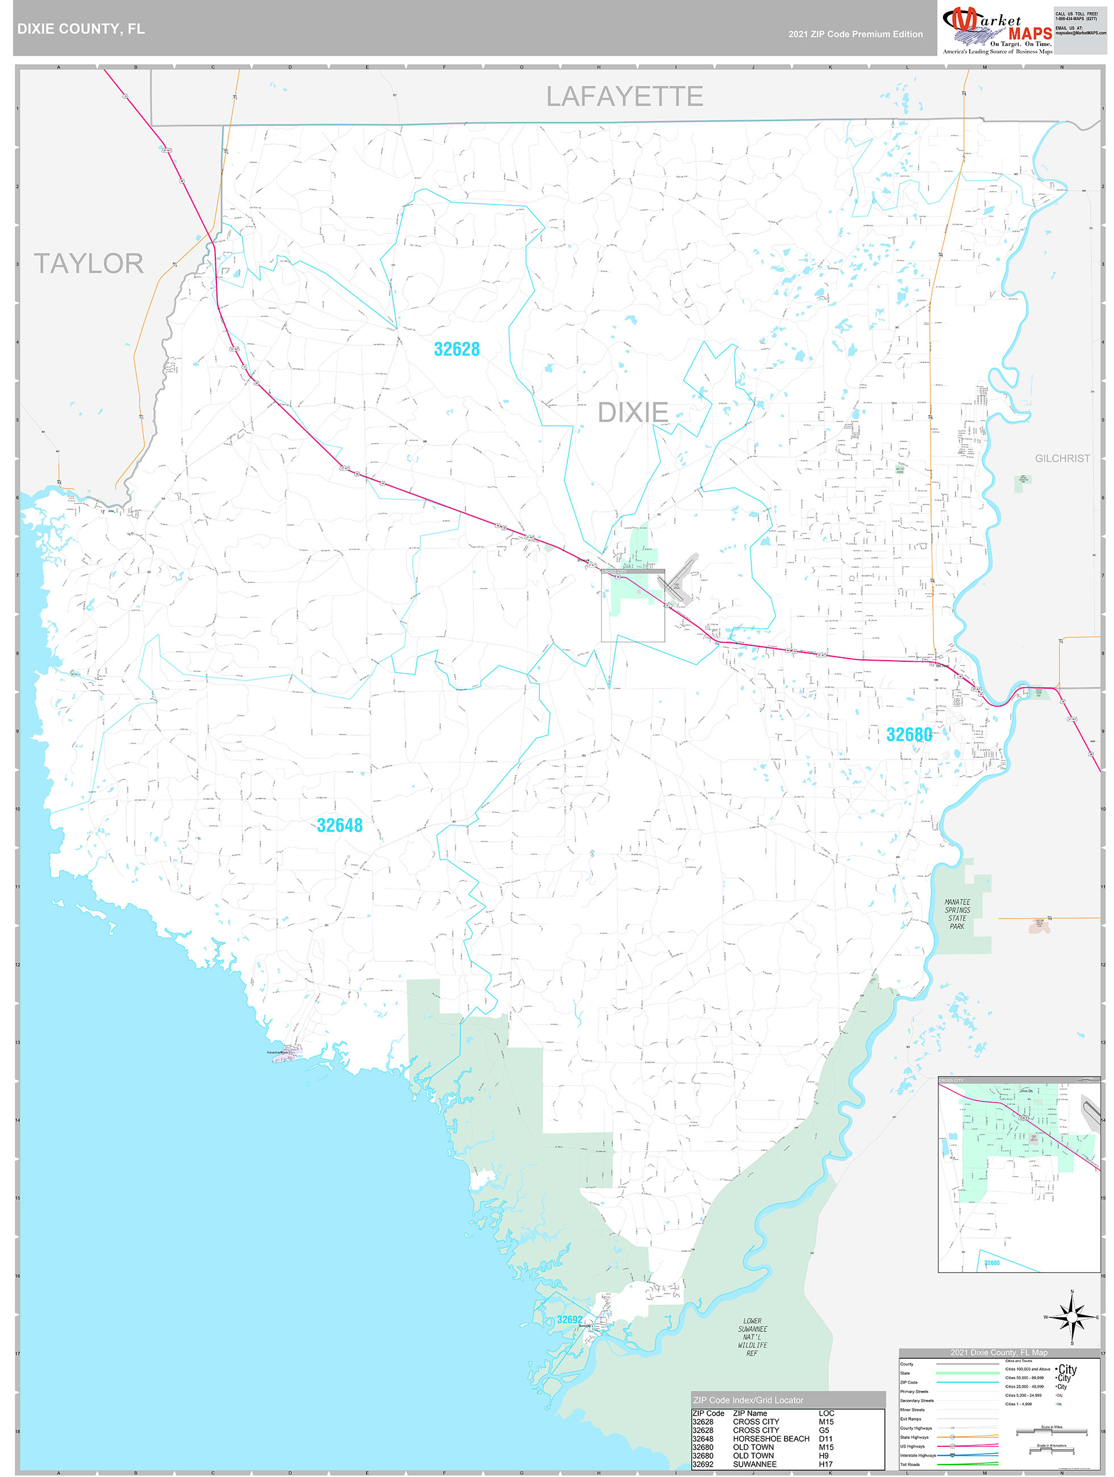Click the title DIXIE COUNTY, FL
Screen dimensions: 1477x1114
point(81,30)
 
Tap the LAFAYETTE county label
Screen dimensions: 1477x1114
point(624,97)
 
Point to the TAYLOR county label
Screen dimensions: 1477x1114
point(89,264)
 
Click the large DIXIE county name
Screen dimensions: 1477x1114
point(632,412)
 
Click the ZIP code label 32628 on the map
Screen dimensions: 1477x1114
point(457,349)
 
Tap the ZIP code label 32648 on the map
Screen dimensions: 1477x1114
point(339,825)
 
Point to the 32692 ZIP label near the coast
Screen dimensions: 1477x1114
point(570,1320)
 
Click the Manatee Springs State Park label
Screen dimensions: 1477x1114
point(957,913)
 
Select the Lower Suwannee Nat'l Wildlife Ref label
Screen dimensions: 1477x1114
point(752,1336)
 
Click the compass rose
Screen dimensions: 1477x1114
point(1072,1317)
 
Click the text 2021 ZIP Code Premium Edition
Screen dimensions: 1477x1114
point(855,34)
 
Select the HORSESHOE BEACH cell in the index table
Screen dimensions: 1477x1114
point(771,1438)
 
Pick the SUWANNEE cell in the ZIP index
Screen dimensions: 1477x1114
point(754,1463)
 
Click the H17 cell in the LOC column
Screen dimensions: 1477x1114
point(826,1463)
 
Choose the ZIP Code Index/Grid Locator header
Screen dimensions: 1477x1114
point(748,1400)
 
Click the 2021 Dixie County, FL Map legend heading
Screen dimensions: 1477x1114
point(999,1352)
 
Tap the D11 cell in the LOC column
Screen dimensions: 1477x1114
point(826,1438)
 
